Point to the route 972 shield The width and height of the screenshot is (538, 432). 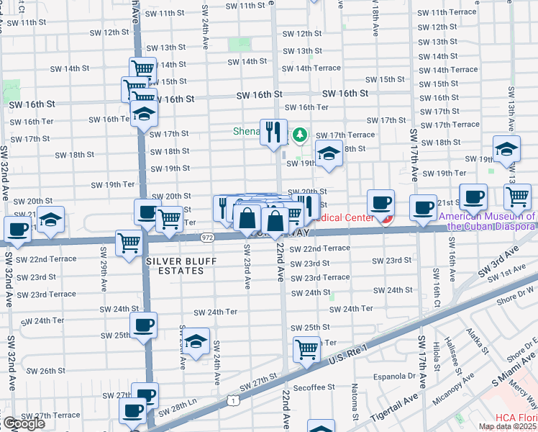207,236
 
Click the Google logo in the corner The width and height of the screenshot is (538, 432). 24,423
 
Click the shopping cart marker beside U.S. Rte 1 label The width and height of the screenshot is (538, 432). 306,350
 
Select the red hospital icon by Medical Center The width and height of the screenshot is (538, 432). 387,218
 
